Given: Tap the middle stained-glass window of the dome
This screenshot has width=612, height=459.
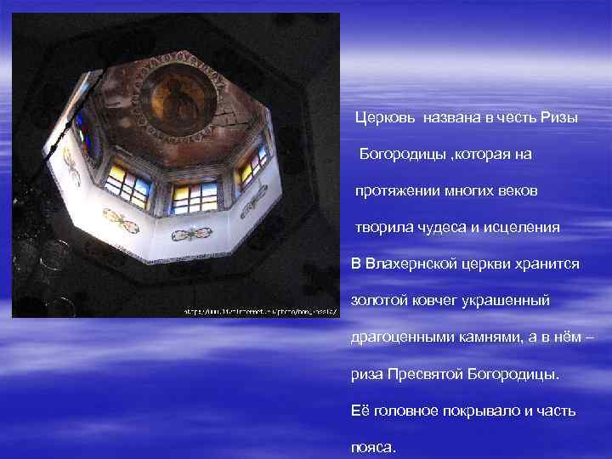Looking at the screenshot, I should tap(195, 198).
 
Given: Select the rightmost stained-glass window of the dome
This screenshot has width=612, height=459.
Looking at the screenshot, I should tap(252, 167).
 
